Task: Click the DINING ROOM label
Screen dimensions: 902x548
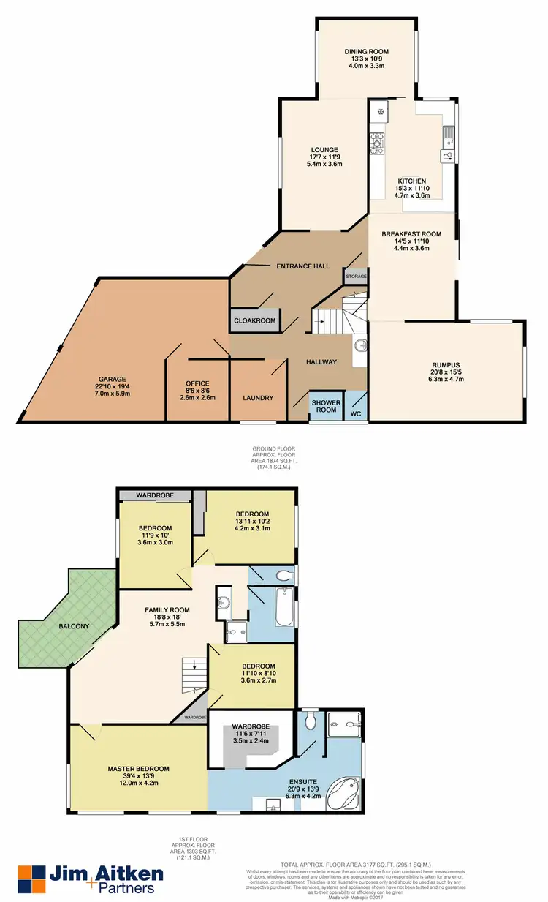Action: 367,52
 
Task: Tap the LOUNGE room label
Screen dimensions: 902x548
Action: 324,150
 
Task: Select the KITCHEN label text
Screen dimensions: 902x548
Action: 411,181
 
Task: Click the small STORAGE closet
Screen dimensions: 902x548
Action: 356,277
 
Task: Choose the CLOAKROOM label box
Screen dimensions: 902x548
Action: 254,320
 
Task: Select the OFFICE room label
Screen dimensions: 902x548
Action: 197,383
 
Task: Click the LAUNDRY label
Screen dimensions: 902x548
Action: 258,398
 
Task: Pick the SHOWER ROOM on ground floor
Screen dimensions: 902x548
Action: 324,406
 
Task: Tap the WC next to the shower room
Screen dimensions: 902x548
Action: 356,413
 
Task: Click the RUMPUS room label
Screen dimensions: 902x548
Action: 446,364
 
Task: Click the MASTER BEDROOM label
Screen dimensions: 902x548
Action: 138,768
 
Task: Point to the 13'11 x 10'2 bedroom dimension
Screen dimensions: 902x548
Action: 252,521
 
